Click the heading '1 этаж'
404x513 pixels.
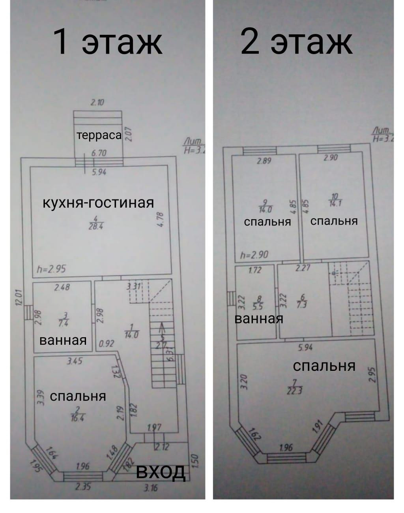[x=107, y=41]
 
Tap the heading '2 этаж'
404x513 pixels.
[x=296, y=41]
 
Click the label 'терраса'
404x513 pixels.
[x=99, y=135]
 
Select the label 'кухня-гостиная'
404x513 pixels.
[x=98, y=203]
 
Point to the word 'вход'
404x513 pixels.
[x=161, y=471]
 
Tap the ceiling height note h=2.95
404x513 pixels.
[x=51, y=269]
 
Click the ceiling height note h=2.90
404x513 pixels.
[x=254, y=255]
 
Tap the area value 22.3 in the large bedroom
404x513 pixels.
[x=294, y=391]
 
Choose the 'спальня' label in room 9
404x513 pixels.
[x=267, y=222]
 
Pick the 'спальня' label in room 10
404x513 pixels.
[x=334, y=221]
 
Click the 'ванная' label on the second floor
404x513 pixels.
[x=259, y=318]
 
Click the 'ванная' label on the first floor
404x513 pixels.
[x=63, y=340]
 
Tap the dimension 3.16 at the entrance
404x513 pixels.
[x=150, y=488]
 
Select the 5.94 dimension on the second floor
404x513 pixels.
[x=305, y=348]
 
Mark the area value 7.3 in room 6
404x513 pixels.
[x=302, y=305]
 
